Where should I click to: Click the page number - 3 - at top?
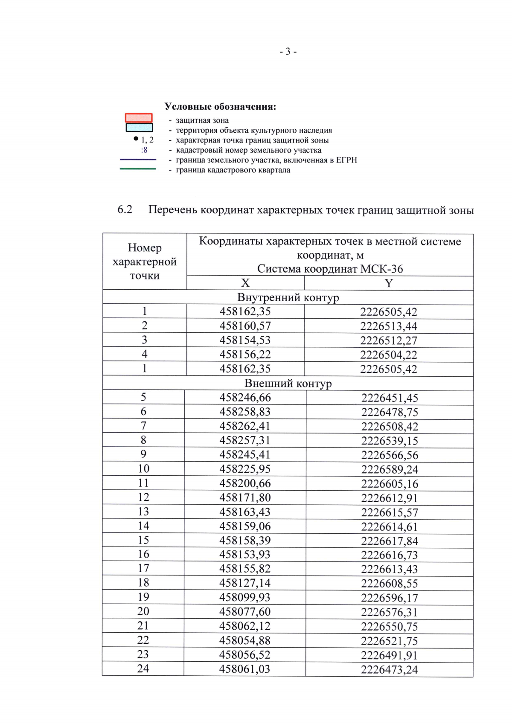pos(288,52)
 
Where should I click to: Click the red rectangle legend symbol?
pos(139,118)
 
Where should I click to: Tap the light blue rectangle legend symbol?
pos(139,127)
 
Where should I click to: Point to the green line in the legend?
pos(138,169)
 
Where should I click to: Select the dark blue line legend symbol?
pos(138,160)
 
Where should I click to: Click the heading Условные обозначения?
pos(220,107)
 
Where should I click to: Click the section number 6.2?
pos(125,209)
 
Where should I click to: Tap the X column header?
pos(245,283)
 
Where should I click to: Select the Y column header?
pos(388,283)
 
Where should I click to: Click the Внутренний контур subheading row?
pos(288,297)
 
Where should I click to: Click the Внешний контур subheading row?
pos(288,383)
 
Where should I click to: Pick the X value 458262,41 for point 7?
pos(245,426)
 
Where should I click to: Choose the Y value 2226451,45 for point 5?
pos(390,398)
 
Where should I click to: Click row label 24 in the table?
pos(143,669)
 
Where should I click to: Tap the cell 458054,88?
pos(245,640)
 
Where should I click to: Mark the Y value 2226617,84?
pos(390,541)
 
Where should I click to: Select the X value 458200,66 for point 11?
pos(245,483)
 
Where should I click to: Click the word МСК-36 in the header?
pos(381,269)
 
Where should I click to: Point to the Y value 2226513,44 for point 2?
pos(389,326)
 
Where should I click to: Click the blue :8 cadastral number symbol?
pos(144,150)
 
